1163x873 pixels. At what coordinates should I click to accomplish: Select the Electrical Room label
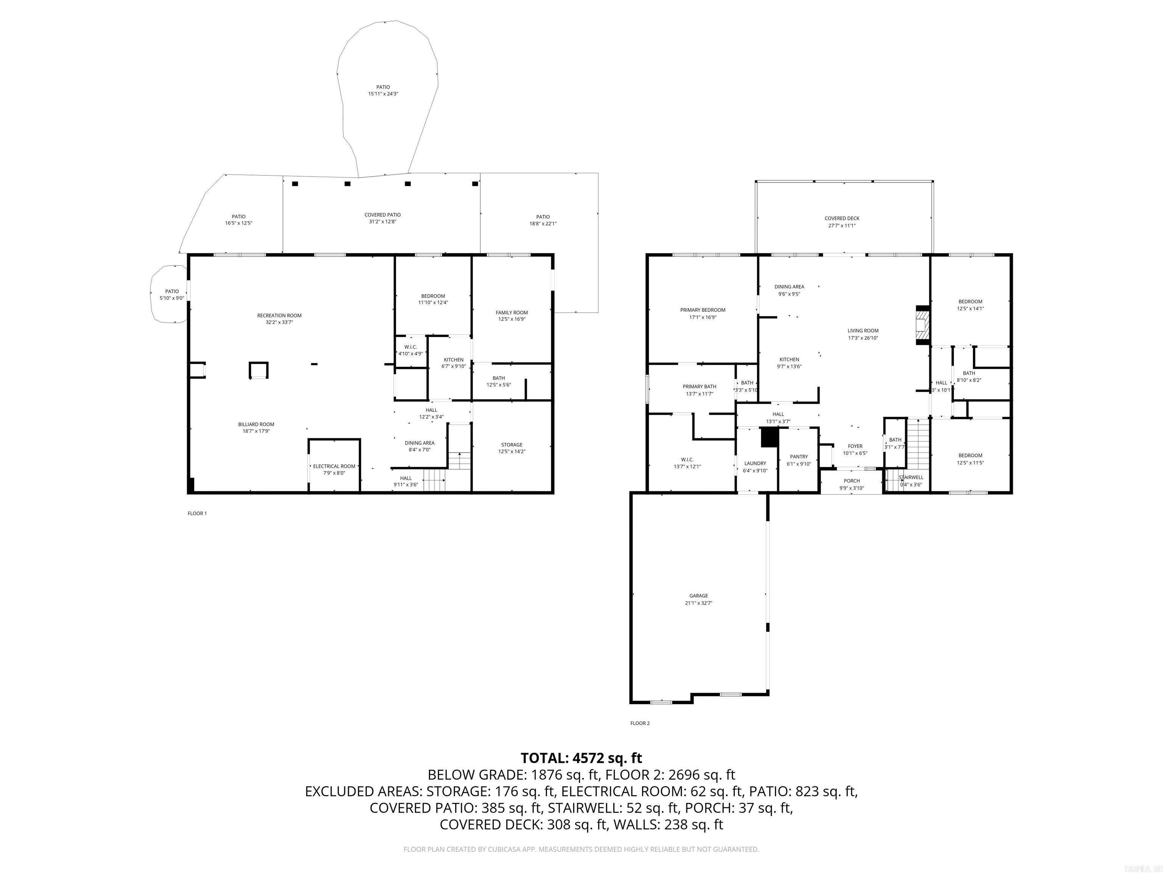334,466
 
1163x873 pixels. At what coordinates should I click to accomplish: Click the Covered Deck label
842,218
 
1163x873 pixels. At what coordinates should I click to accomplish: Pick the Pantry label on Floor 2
799,457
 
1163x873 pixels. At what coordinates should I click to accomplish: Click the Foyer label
855,446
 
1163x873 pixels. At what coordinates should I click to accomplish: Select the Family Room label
511,313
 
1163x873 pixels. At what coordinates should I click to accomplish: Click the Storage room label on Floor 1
511,445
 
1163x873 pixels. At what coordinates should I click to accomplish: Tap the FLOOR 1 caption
197,513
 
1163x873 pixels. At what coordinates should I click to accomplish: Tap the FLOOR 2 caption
640,723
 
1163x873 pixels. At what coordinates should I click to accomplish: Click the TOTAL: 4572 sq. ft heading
581,758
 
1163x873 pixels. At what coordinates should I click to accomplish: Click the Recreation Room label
279,316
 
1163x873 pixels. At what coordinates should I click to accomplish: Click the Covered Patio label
382,215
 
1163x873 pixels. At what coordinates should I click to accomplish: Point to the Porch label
852,481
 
